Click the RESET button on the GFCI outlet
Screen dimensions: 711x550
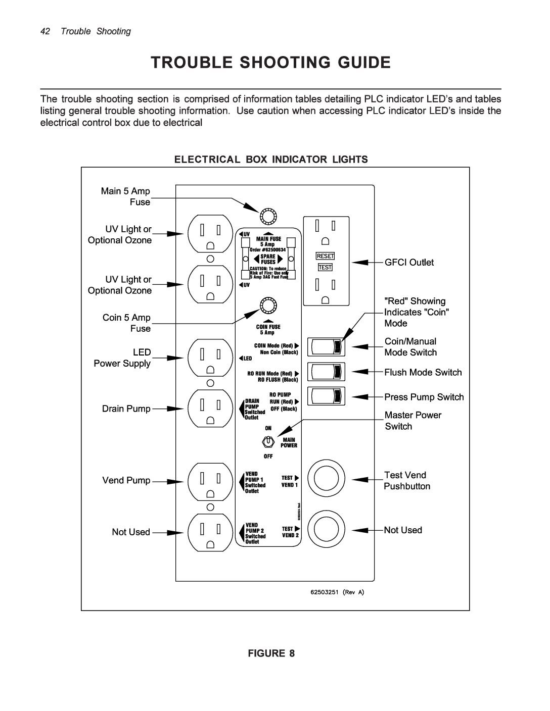[x=326, y=256]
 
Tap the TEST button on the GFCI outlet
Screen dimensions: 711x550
[x=325, y=267]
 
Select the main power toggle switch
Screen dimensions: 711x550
[x=267, y=442]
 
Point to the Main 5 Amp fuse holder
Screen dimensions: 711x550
[x=267, y=216]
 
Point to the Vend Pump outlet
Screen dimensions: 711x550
[x=210, y=480]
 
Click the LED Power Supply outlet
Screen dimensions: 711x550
[x=210, y=358]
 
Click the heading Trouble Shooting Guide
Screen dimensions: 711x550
[x=271, y=63]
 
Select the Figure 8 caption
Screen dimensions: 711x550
[x=271, y=653]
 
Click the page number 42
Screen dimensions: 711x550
[x=45, y=31]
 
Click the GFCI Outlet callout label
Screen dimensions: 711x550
[x=409, y=262]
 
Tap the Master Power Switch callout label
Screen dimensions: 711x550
[x=412, y=421]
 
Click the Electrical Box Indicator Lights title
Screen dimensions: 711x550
[x=271, y=160]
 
